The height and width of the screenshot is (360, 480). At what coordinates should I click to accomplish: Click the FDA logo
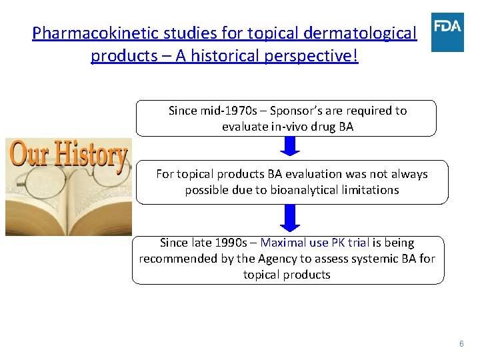pos(447,32)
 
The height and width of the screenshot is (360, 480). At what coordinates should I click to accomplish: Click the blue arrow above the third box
pos(288,217)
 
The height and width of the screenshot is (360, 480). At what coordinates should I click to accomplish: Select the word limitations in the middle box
pos(374,190)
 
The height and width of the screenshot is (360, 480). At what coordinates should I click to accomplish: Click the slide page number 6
pos(461,343)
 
